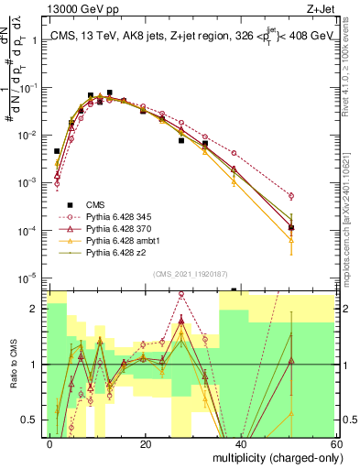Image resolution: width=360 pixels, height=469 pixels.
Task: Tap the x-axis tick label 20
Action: click(x=145, y=444)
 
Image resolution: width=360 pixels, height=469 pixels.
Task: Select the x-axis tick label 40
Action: click(x=240, y=444)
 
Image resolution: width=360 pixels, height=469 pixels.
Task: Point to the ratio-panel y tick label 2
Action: click(x=35, y=309)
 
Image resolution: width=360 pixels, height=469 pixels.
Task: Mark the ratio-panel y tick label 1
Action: click(x=35, y=365)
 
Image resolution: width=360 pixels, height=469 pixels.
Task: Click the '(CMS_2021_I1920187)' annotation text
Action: click(x=191, y=273)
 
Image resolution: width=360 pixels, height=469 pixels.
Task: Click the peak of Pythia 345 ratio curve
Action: click(x=181, y=295)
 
